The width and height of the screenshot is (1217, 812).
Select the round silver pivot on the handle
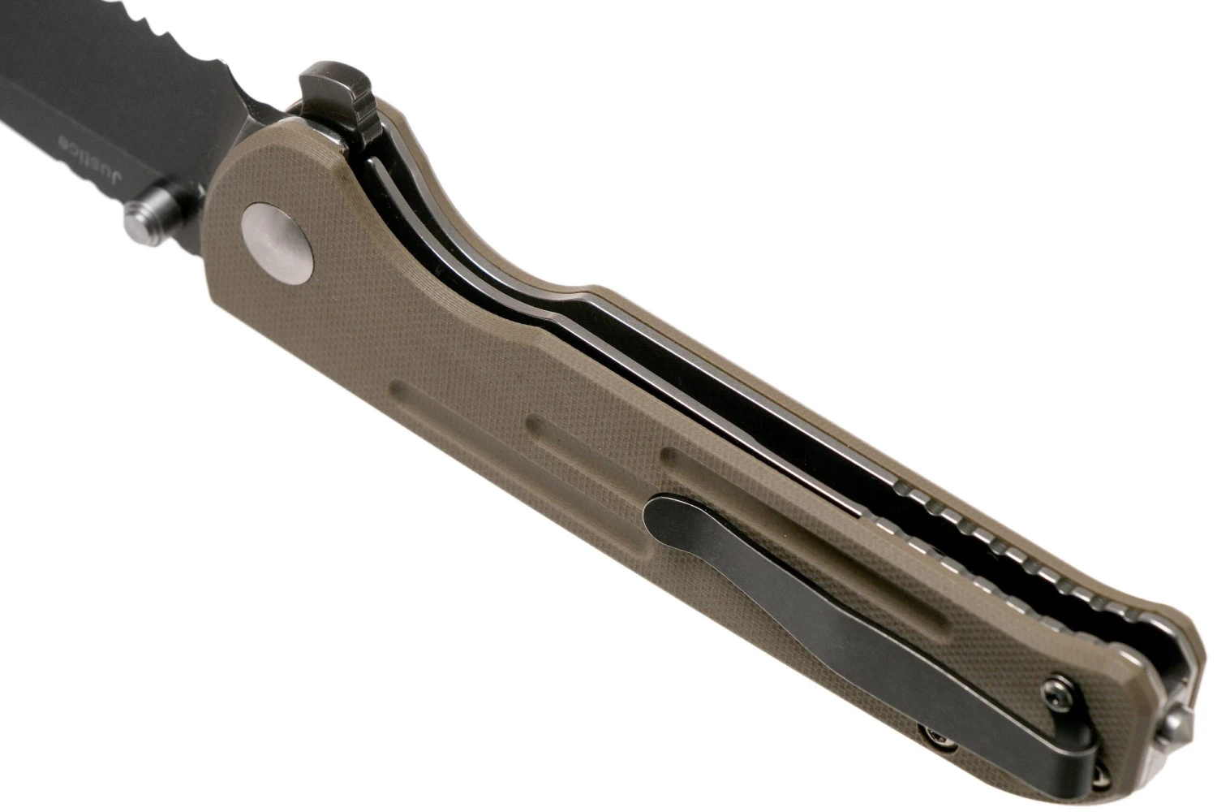pos(279,243)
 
